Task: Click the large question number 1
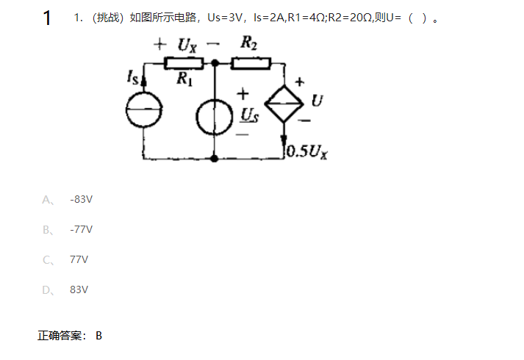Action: pyautogui.click(x=47, y=18)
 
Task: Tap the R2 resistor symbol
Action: pyautogui.click(x=250, y=64)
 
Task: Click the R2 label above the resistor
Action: pyautogui.click(x=248, y=44)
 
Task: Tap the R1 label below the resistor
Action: pyautogui.click(x=184, y=80)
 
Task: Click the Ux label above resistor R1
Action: pyautogui.click(x=187, y=46)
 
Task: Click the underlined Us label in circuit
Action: pyautogui.click(x=250, y=115)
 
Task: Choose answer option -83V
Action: pyautogui.click(x=81, y=199)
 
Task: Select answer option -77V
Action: pyautogui.click(x=81, y=229)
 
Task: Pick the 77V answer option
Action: pyautogui.click(x=79, y=259)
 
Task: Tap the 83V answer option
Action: pyautogui.click(x=79, y=289)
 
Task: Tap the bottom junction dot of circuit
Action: pyautogui.click(x=214, y=158)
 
